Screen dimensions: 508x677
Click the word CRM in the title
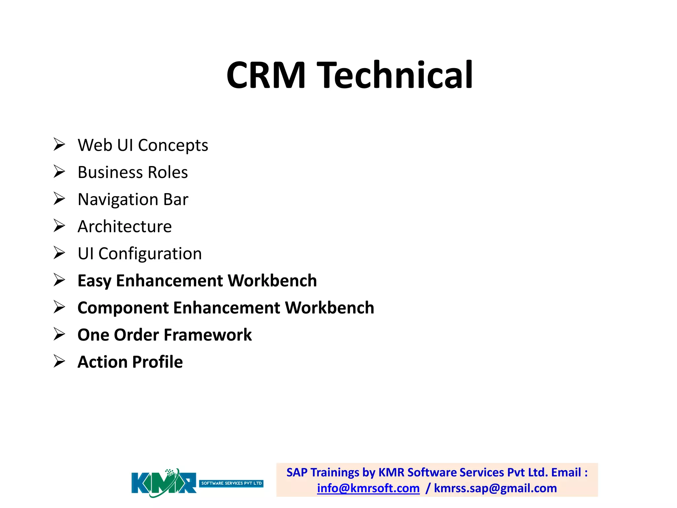tap(266, 75)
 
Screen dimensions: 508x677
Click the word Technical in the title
tap(395, 75)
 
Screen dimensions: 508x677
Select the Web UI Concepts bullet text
tap(143, 145)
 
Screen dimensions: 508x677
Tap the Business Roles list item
tap(133, 172)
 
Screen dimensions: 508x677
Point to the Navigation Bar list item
tap(133, 199)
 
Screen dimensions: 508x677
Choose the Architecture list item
tap(125, 227)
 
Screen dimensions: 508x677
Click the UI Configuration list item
tap(139, 254)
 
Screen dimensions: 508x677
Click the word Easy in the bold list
tap(94, 281)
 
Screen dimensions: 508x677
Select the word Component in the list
tap(123, 308)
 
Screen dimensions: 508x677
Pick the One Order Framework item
tap(164, 335)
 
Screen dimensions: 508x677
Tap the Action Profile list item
tap(130, 362)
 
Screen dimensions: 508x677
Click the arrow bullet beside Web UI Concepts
tap(59, 145)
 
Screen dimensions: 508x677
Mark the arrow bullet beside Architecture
tap(59, 226)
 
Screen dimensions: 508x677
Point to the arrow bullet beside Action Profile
tap(59, 361)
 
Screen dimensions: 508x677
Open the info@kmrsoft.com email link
tap(368, 488)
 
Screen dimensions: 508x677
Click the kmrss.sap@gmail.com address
tap(495, 488)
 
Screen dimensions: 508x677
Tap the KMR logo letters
tap(164, 483)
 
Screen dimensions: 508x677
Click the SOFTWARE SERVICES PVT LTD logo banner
tap(231, 484)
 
